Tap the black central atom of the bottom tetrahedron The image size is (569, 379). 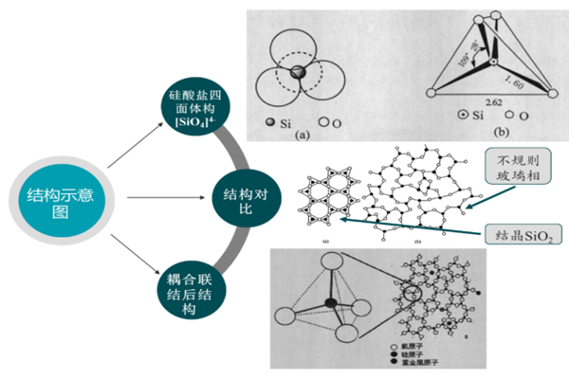coord(331,302)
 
